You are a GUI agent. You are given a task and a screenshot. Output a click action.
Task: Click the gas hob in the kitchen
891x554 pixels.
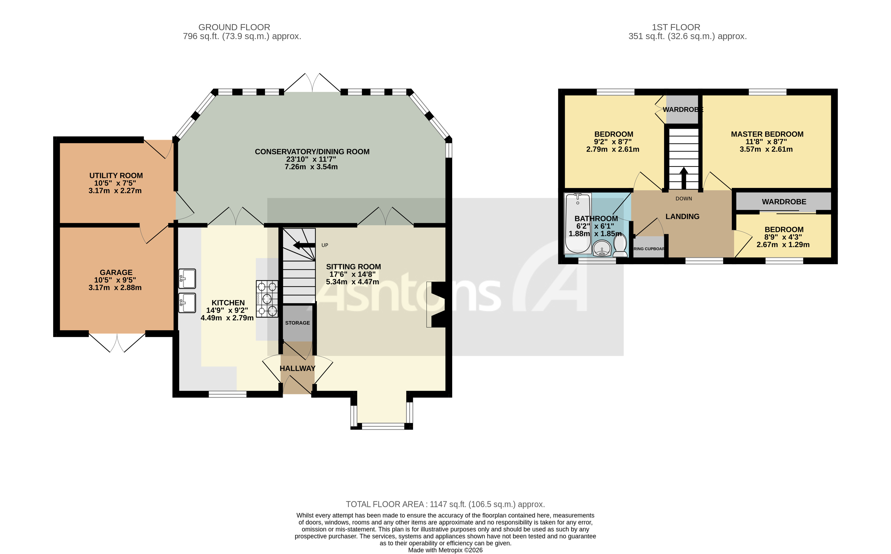(267, 299)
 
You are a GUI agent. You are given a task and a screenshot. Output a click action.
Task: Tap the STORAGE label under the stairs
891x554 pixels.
(298, 323)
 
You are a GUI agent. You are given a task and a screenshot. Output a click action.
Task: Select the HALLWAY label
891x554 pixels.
(298, 368)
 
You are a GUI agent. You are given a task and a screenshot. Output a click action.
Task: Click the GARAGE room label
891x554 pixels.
(116, 272)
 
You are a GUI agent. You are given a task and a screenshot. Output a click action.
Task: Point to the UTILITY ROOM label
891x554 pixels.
(116, 176)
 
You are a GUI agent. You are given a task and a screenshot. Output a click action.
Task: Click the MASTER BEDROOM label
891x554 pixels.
(767, 134)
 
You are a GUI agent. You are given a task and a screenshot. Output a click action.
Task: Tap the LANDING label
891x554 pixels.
(682, 216)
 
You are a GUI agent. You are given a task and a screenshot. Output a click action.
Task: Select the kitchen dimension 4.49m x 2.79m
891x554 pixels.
(227, 318)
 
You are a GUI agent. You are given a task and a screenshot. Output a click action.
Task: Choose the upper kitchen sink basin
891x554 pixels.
(187, 278)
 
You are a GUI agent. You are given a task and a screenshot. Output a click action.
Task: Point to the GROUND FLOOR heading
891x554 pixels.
(234, 27)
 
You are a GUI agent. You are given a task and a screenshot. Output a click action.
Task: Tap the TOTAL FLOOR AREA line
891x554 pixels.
(445, 504)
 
